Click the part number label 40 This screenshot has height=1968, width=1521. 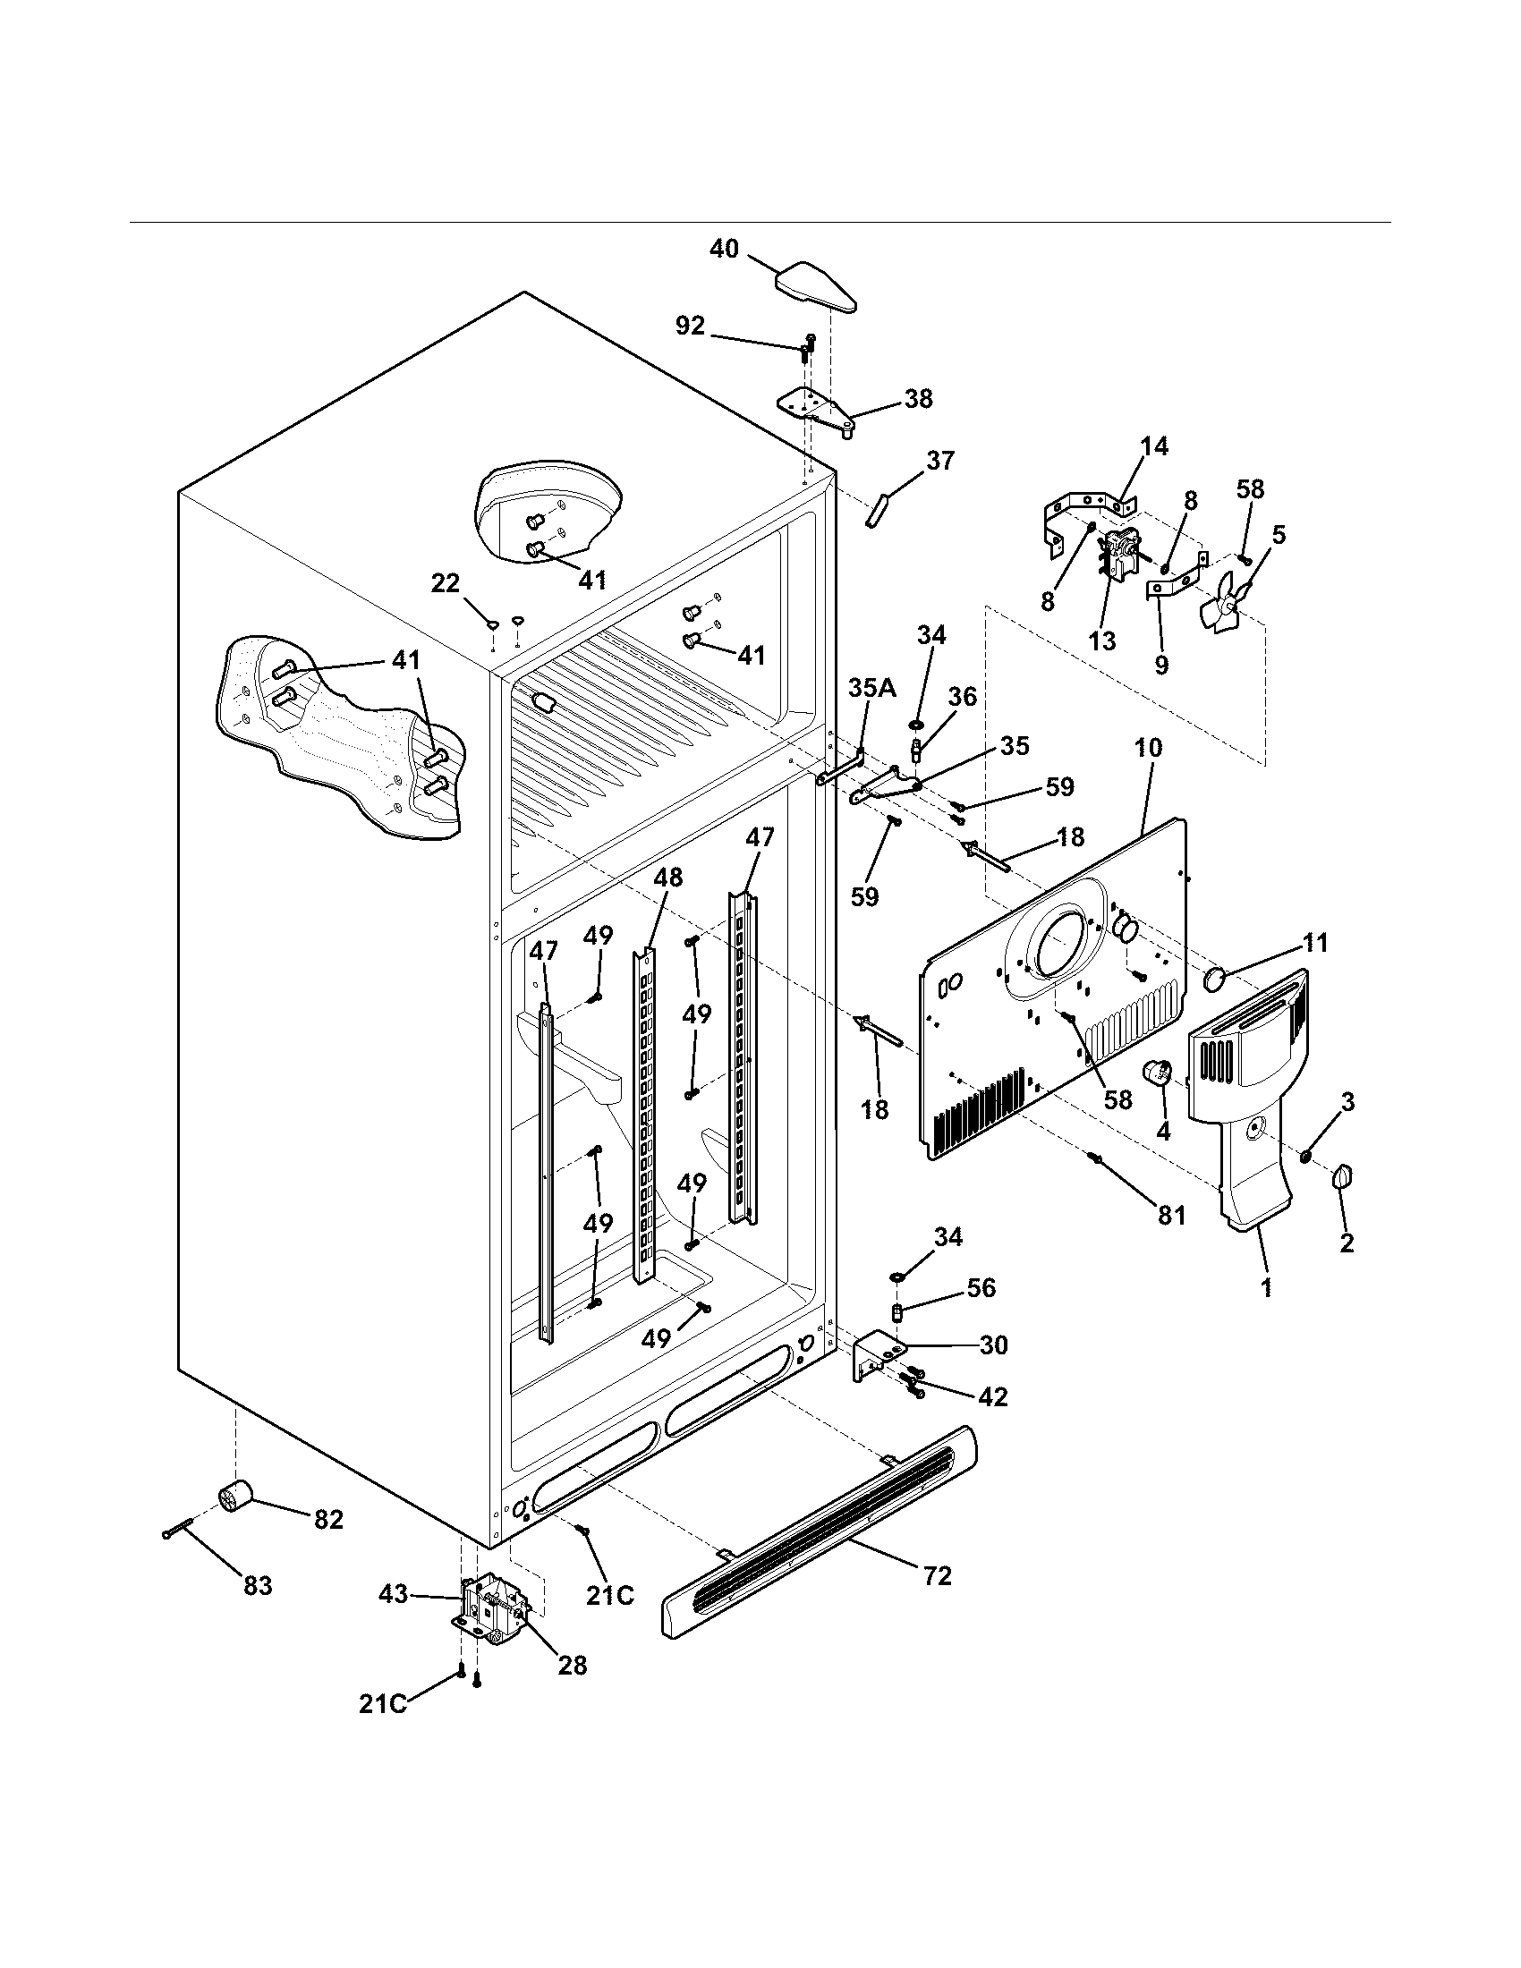tap(724, 249)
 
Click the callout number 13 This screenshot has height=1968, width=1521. tap(1101, 641)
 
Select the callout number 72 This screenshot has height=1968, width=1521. tap(937, 1576)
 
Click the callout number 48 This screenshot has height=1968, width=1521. tap(667, 877)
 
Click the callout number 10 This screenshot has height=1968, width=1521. tap(1148, 747)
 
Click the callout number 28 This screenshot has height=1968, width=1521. tap(572, 1666)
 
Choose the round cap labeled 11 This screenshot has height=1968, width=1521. tap(1217, 978)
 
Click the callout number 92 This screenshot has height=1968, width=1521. tap(690, 327)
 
